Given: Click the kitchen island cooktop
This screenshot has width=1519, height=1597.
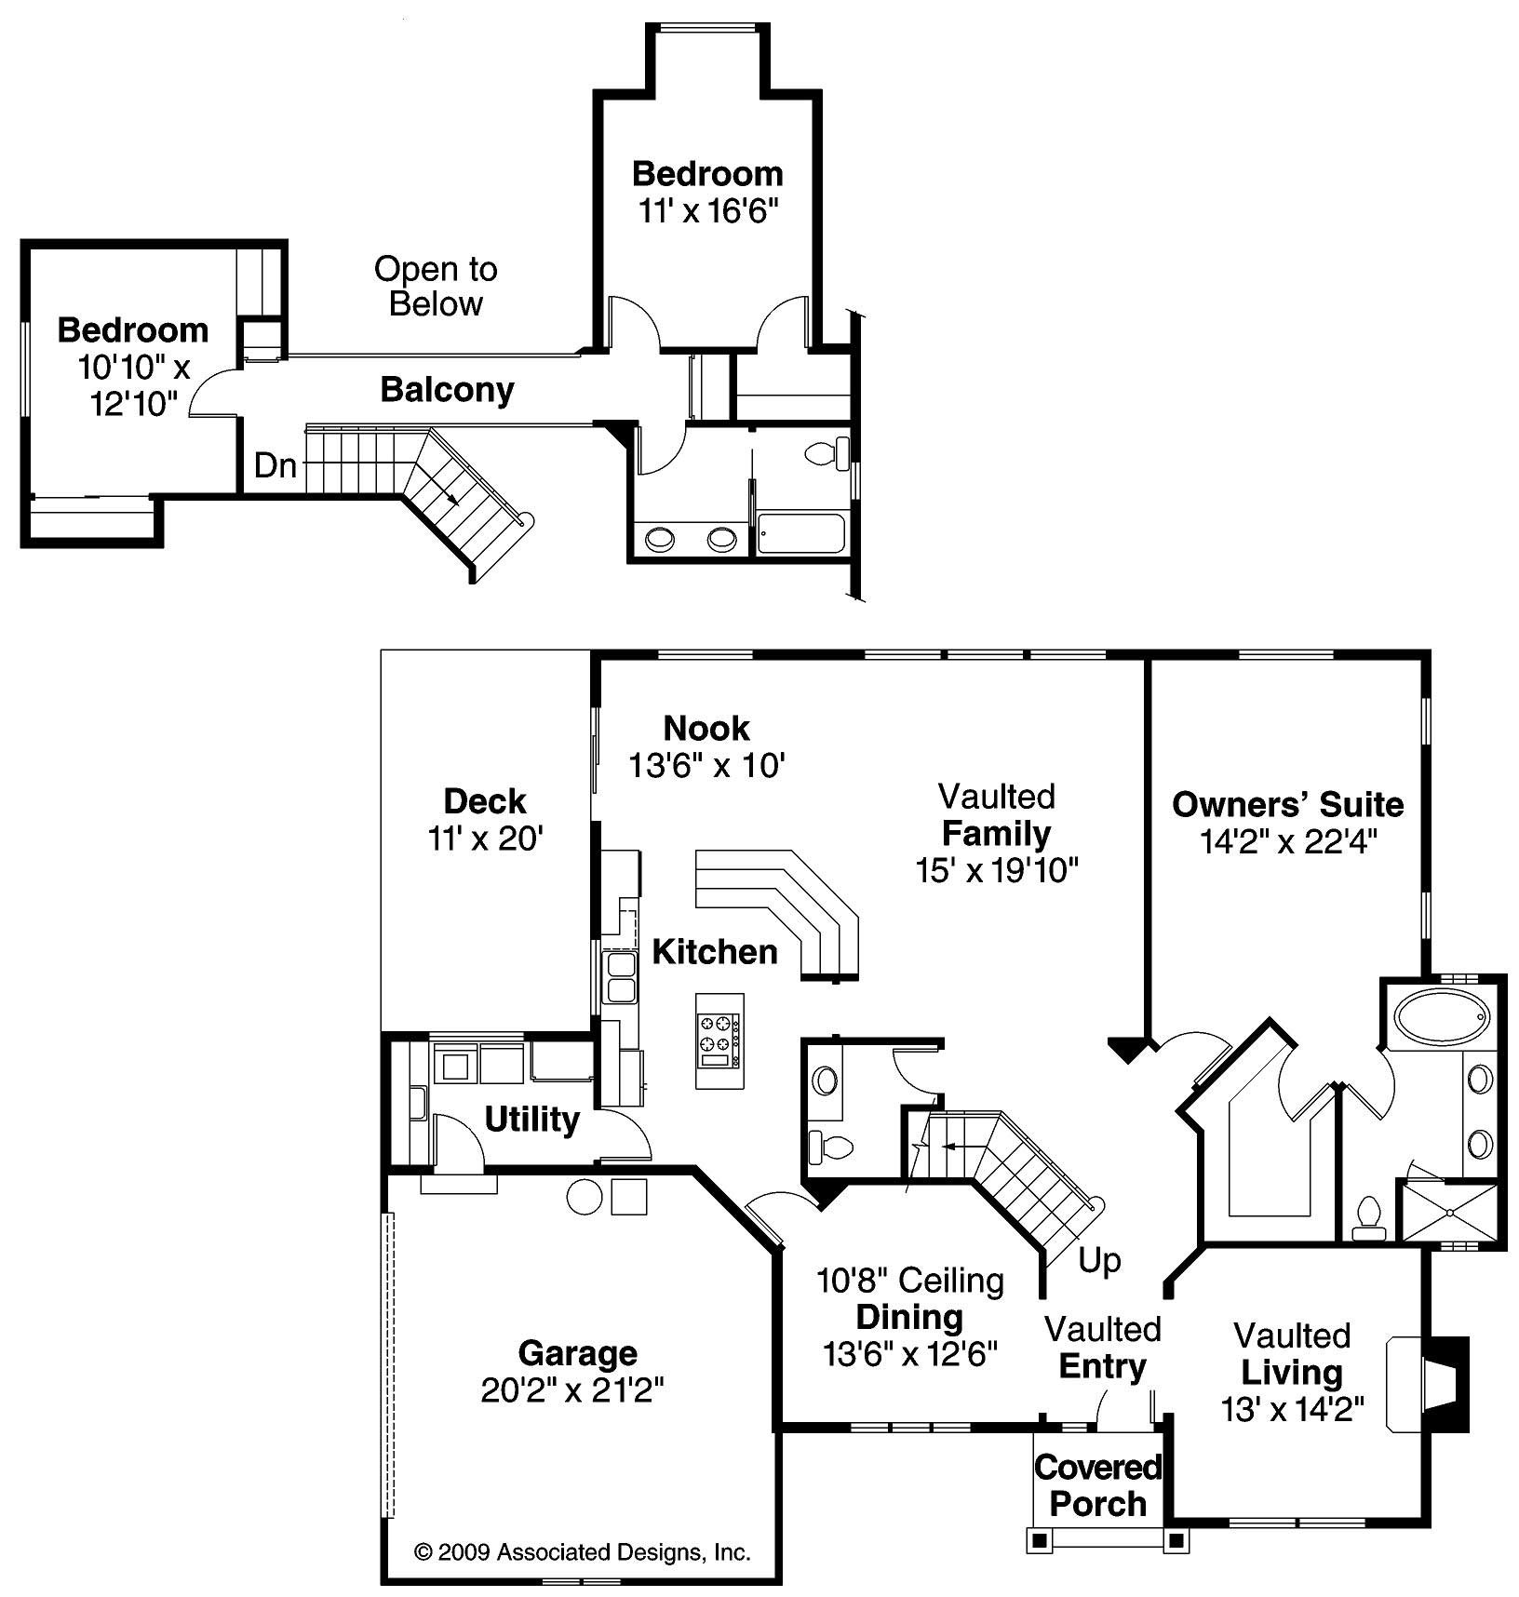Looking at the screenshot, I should (x=720, y=1040).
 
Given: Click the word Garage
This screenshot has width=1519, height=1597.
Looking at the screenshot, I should (x=577, y=1352).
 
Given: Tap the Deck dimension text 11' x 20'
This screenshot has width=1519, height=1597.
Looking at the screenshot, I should (x=485, y=839).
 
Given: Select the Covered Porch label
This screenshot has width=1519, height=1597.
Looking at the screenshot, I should (x=1097, y=1485).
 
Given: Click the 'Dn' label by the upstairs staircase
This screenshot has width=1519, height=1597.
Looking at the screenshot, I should (x=275, y=465).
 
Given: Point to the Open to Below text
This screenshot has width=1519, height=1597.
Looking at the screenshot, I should (x=436, y=286).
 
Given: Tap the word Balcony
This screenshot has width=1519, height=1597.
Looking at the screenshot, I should (x=447, y=389).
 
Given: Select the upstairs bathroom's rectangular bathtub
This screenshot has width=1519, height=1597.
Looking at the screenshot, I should (x=800, y=534).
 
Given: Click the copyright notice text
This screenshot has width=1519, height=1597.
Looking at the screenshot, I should (x=582, y=1552).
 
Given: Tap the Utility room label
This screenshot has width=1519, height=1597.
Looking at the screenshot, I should (x=531, y=1119).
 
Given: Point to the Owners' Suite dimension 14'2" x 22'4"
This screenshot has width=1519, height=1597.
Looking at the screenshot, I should (x=1287, y=841).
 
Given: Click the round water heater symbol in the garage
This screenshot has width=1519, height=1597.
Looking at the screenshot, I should (x=585, y=1197).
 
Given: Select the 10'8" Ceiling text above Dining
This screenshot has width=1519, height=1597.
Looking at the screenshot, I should (x=909, y=1281).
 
